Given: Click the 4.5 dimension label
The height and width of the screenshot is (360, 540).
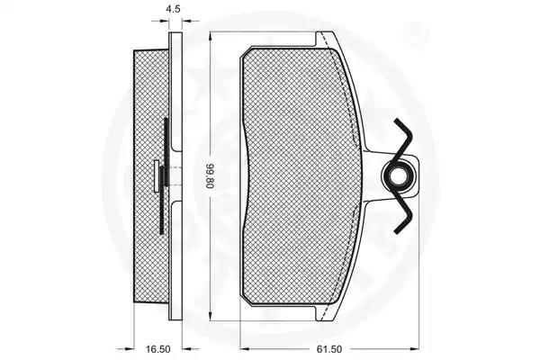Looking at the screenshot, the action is [x=173, y=9].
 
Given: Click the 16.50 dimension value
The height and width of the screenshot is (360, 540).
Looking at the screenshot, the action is [x=157, y=349].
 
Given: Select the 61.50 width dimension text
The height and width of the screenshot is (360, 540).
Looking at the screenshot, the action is [x=329, y=349].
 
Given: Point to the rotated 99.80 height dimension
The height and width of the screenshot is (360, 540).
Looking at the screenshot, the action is [x=211, y=176].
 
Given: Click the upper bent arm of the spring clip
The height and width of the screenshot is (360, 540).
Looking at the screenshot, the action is [x=403, y=139].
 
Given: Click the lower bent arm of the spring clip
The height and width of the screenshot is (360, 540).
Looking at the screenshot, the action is [x=403, y=211].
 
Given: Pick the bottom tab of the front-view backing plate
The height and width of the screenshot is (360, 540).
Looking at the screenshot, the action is [x=327, y=313].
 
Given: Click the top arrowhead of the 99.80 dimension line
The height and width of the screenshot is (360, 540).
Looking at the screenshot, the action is [x=211, y=36].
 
